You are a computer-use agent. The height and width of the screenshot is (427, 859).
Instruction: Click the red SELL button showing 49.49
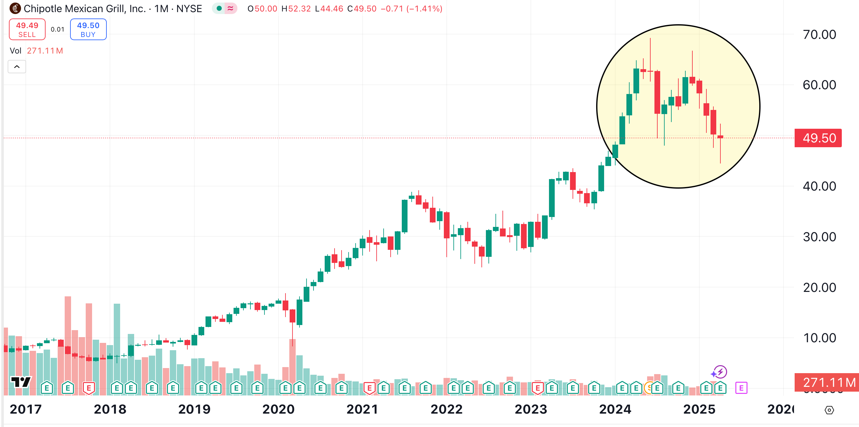tap(27, 29)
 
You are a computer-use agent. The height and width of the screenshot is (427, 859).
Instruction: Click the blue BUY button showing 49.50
tap(88, 29)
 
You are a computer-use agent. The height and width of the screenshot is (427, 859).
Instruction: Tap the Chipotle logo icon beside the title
tap(15, 8)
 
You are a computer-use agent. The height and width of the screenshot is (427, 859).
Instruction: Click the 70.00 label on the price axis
tap(819, 34)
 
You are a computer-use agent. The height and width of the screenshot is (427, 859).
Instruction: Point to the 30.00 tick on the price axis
tap(819, 237)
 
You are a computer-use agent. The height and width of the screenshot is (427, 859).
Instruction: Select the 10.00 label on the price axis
tap(819, 338)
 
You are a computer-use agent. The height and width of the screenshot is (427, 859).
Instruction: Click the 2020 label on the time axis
tap(278, 409)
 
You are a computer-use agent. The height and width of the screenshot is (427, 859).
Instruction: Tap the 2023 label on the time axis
tap(531, 409)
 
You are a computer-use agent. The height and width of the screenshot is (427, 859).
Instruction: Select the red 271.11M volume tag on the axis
tap(827, 382)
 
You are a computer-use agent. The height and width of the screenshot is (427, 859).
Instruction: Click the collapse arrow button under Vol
tap(17, 67)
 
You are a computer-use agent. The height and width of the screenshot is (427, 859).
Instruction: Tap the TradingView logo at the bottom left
tap(21, 382)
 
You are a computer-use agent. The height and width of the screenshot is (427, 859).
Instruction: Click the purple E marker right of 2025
tap(741, 388)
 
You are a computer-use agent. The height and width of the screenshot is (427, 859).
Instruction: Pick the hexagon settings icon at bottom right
tap(829, 410)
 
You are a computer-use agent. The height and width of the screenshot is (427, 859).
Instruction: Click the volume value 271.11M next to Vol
tap(45, 51)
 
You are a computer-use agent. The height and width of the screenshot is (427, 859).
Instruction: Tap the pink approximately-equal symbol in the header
tap(230, 8)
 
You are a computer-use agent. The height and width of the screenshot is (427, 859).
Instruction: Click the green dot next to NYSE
tap(219, 8)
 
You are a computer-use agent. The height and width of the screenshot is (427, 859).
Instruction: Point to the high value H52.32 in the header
tap(296, 9)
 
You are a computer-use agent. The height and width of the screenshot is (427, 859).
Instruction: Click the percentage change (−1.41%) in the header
tap(424, 9)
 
